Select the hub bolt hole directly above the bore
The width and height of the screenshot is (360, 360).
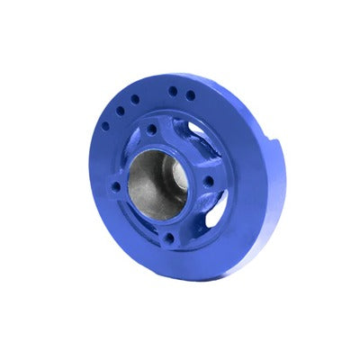(152, 130)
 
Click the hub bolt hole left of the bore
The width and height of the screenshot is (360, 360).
(116, 187)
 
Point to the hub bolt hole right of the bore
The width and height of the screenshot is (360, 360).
(209, 180)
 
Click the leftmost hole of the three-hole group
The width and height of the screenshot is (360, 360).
(106, 126)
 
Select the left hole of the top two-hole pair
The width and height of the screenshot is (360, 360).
(172, 91)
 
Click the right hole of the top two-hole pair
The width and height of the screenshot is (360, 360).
(190, 94)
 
